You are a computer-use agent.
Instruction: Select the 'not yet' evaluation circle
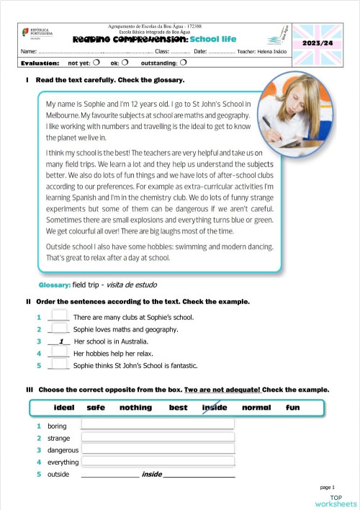(x=96, y=63)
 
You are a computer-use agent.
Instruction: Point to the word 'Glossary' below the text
(x=54, y=285)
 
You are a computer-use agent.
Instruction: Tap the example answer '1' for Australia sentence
(x=62, y=341)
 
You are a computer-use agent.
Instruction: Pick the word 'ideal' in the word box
(x=64, y=408)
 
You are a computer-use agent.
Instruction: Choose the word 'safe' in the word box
(x=96, y=408)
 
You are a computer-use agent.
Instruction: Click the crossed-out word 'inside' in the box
(x=215, y=408)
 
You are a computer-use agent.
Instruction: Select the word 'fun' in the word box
(x=292, y=408)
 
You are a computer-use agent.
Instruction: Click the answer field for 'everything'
(x=158, y=461)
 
